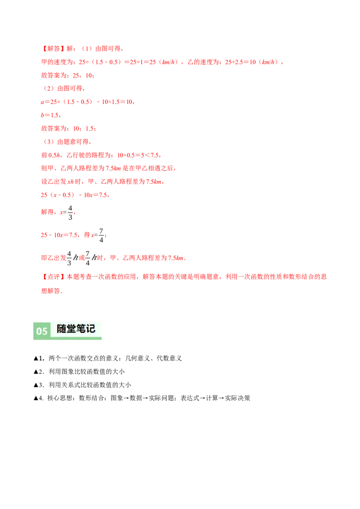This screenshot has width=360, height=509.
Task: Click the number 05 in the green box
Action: pos(42,331)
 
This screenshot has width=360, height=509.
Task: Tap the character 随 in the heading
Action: pos(62,329)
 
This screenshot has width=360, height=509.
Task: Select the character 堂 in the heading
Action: pos(72,329)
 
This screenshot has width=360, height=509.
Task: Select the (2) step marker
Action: pos(48,89)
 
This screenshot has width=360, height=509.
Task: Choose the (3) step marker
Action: pos(48,142)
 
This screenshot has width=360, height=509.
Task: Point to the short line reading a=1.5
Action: pos(50,115)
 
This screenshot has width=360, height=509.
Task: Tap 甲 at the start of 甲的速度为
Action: pos(43,62)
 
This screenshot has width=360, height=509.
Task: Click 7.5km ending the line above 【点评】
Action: pos(177,259)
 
